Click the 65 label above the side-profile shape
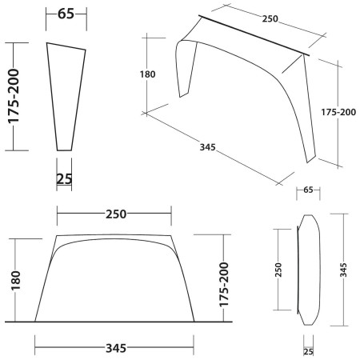[68, 14]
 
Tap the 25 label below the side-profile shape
[66, 178]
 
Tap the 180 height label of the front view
[15, 279]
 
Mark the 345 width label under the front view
[115, 348]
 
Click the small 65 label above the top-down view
[308, 190]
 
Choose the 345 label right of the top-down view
[344, 270]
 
